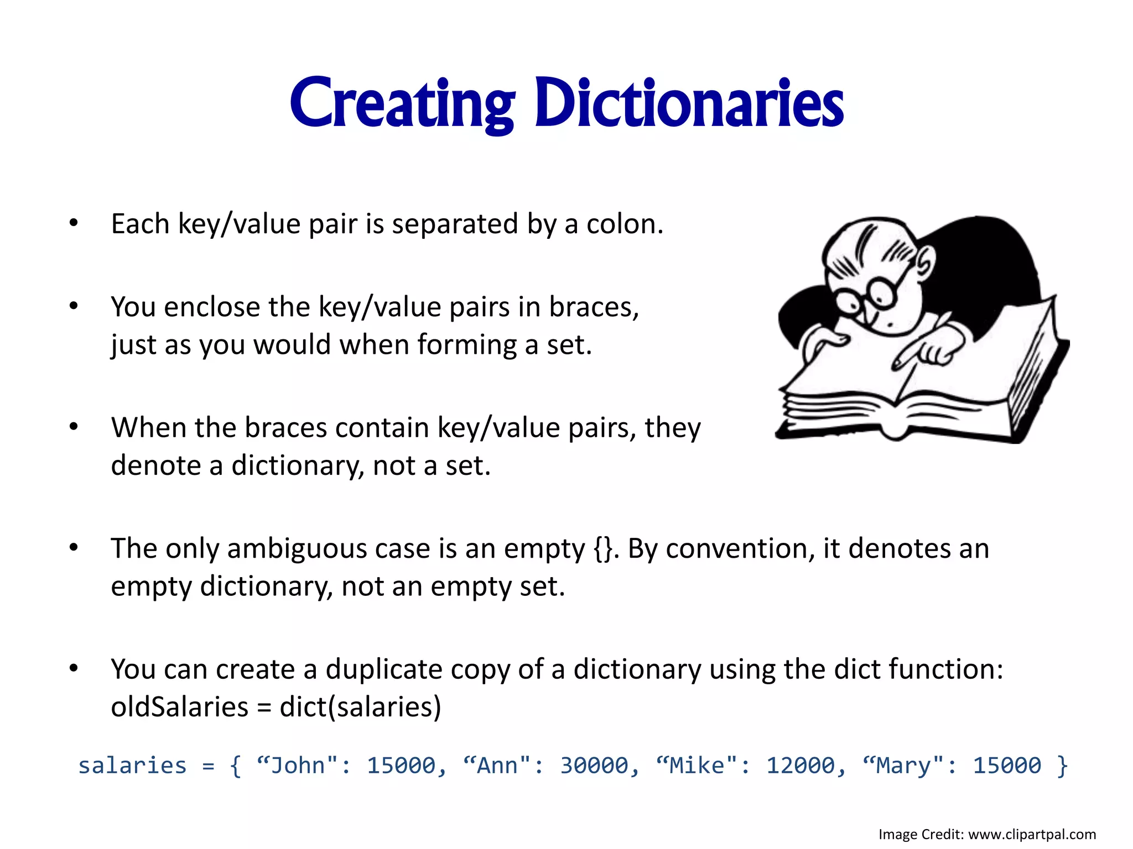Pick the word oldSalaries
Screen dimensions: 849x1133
pyautogui.click(x=179, y=707)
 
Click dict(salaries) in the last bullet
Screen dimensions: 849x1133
pyautogui.click(x=360, y=707)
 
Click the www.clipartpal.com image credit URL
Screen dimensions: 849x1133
pyautogui.click(x=1032, y=834)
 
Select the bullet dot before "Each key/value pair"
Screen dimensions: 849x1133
pyautogui.click(x=74, y=223)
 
